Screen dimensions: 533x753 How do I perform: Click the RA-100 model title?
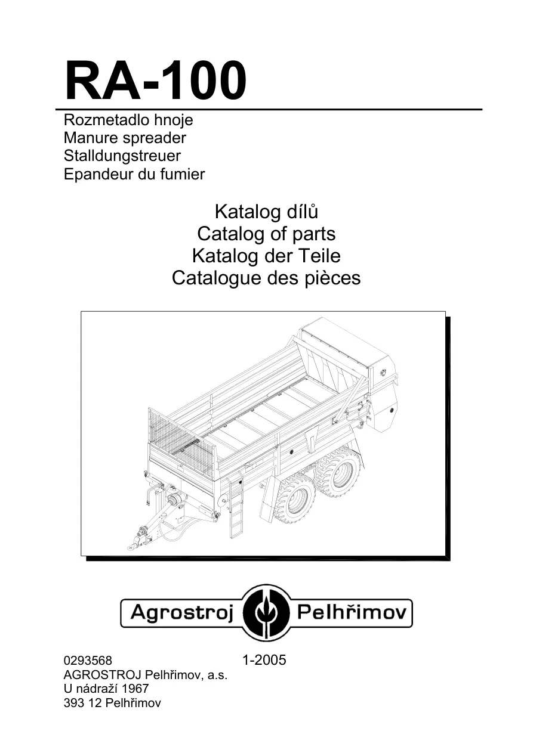tap(155, 81)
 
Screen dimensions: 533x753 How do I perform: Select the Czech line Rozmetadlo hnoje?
tap(128, 120)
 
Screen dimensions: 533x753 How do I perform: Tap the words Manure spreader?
tap(125, 138)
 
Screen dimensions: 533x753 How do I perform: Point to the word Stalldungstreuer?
tap(122, 156)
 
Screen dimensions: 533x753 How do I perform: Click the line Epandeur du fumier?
tap(134, 174)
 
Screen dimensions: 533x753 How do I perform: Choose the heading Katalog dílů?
tap(266, 212)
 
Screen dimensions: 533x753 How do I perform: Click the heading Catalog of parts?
tap(266, 234)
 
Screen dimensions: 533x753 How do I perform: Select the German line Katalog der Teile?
tap(266, 256)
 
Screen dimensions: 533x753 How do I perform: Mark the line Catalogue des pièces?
tap(266, 278)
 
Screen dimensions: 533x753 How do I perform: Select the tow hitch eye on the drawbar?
tap(131, 548)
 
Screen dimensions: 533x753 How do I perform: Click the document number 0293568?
tap(88, 661)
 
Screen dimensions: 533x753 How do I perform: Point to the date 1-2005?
tap(264, 660)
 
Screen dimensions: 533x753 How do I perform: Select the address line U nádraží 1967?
tap(106, 689)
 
